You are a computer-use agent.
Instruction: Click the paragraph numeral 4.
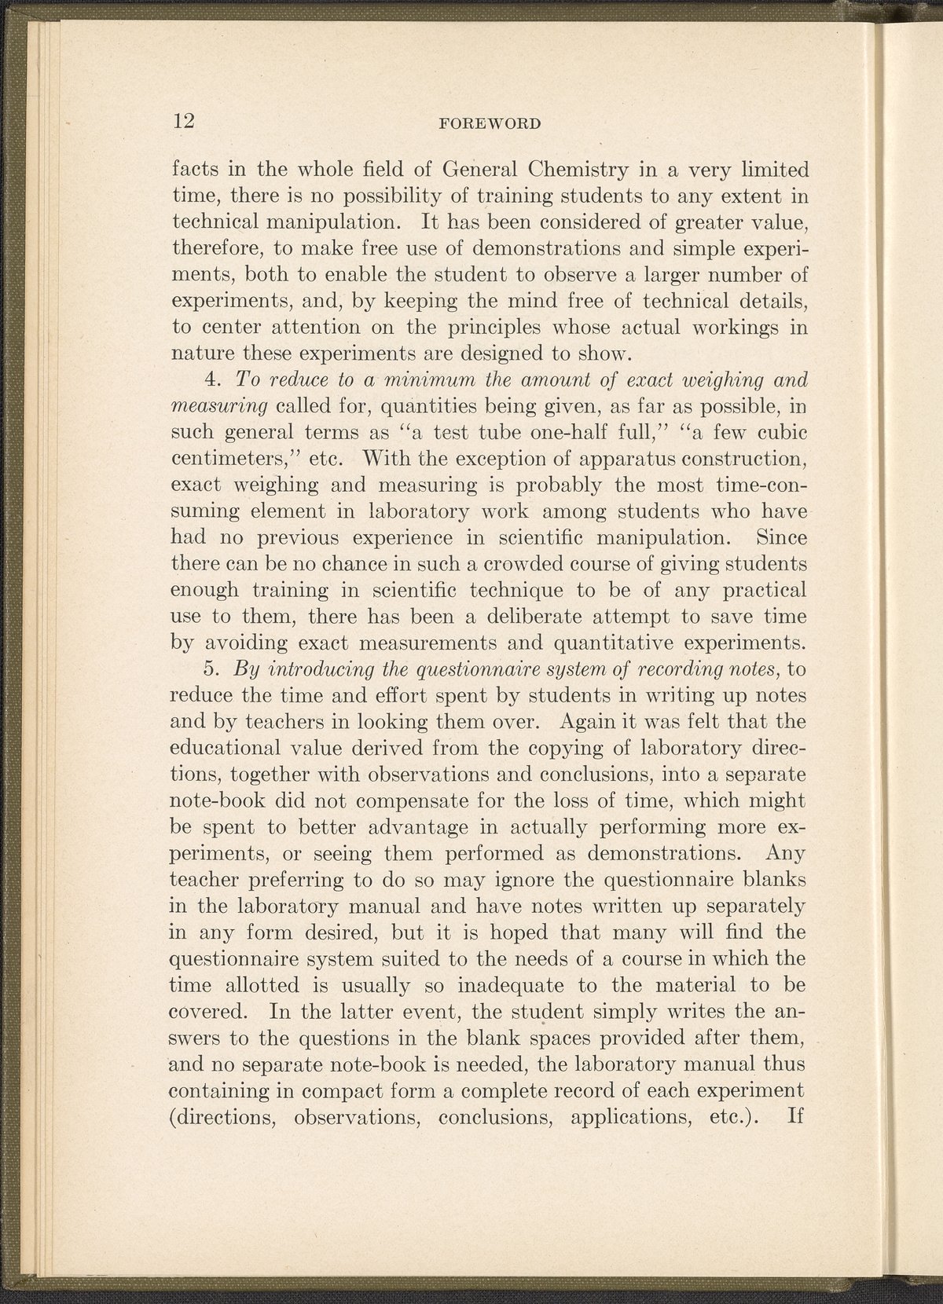pyautogui.click(x=210, y=379)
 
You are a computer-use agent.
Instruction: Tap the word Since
pyautogui.click(x=780, y=537)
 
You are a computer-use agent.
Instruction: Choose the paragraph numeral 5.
pyautogui.click(x=210, y=669)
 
